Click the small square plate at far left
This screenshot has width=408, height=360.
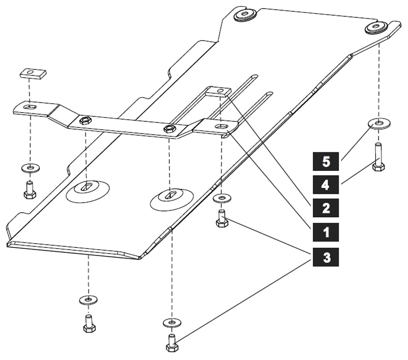34,74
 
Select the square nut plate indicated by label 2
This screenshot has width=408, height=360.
218,91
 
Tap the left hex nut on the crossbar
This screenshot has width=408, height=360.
86,120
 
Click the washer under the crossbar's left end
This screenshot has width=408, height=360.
30,168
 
